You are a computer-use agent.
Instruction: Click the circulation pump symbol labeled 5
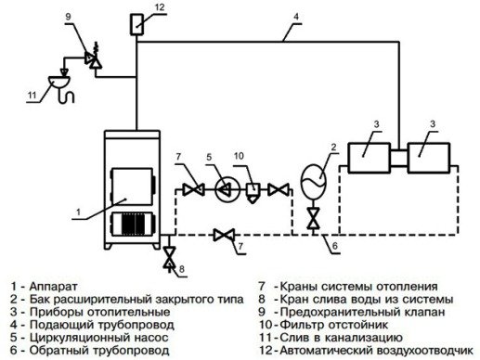[x=223, y=189]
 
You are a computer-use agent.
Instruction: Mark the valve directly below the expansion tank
[x=314, y=218]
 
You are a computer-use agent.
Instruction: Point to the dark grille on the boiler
[x=130, y=225]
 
